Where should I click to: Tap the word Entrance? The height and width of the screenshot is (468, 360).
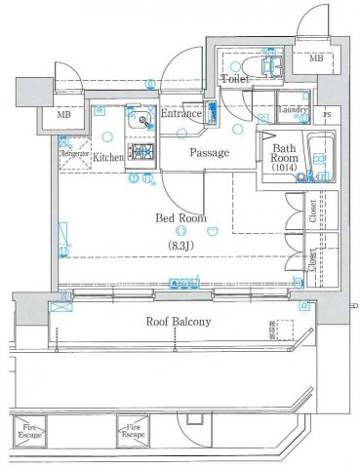[181, 114]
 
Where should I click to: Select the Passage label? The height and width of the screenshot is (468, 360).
[209, 152]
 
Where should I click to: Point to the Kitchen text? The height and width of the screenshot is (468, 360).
[107, 155]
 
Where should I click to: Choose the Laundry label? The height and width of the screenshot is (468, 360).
[292, 110]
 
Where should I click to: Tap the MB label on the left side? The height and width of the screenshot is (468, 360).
[64, 116]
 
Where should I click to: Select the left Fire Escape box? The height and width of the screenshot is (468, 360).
[31, 428]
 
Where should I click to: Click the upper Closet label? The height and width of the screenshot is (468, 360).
[311, 214]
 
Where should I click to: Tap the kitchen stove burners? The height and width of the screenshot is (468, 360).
[142, 152]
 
